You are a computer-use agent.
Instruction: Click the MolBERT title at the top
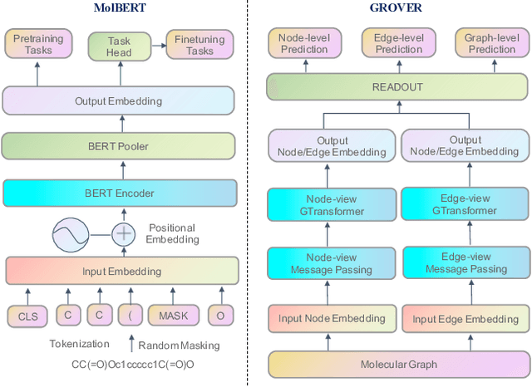[121, 7]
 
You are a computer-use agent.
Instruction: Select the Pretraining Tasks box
[32, 45]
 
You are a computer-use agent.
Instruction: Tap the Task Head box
[119, 46]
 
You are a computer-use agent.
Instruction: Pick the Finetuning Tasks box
[199, 45]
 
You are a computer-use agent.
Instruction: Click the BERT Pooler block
[121, 146]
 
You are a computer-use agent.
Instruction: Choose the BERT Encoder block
[121, 193]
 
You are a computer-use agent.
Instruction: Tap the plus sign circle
[124, 233]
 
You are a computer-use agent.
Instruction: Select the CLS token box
[28, 316]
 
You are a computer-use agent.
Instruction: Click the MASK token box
[174, 316]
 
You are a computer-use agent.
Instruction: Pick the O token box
[220, 316]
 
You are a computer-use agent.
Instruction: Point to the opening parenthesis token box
[130, 316]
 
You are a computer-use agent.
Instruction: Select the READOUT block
[397, 86]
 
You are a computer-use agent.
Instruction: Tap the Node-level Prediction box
[304, 44]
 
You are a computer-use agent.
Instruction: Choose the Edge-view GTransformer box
[465, 204]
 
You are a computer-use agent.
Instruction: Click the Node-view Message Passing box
[331, 263]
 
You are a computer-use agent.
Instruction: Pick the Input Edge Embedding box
[465, 319]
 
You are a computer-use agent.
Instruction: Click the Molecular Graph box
[397, 365]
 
